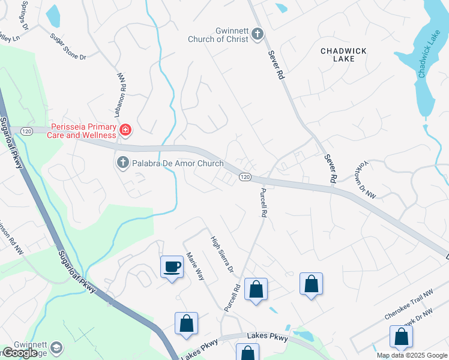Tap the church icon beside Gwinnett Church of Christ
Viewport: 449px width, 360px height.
(x=258, y=34)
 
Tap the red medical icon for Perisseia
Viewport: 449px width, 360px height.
(x=125, y=130)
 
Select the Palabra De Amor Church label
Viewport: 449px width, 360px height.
(x=178, y=163)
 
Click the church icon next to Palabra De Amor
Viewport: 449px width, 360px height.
(x=122, y=163)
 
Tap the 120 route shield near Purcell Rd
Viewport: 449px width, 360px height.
(x=245, y=177)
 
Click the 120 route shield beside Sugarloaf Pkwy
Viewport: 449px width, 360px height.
(x=26, y=130)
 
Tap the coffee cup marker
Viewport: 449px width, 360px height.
(x=172, y=266)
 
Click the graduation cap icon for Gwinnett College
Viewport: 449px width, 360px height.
(x=56, y=348)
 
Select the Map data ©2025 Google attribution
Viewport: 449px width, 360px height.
(x=412, y=355)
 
